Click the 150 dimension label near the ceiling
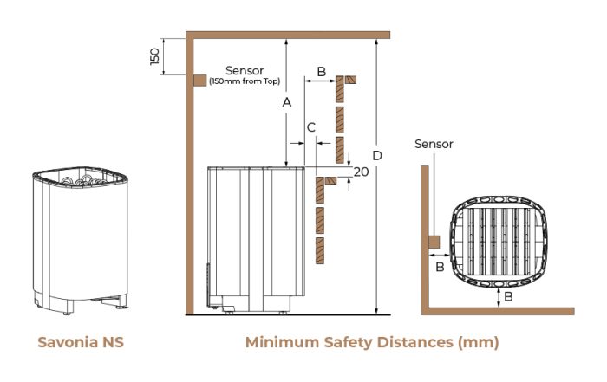[154, 56]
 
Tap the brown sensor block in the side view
[199, 81]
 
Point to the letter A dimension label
[285, 102]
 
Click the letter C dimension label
[310, 127]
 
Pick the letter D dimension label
[377, 155]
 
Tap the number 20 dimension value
[362, 172]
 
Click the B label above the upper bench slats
[321, 72]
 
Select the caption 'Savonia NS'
[80, 341]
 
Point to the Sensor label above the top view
[434, 144]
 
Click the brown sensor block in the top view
[433, 240]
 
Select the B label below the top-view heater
[508, 296]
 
